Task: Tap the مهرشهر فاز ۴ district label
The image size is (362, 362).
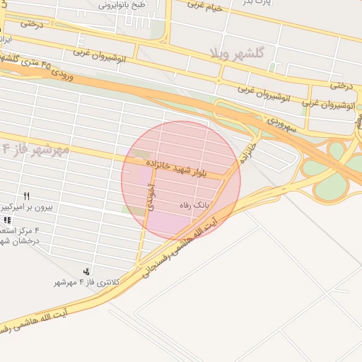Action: pos(35,149)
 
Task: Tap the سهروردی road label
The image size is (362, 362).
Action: pos(283,122)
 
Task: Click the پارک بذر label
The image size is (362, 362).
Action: pos(259,4)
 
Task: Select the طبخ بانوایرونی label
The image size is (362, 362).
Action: pos(121,4)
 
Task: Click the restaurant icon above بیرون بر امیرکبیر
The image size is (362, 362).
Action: pos(27,197)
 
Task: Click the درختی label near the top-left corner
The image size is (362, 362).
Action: pos(31,24)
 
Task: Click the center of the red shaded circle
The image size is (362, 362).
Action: pos(180,179)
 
